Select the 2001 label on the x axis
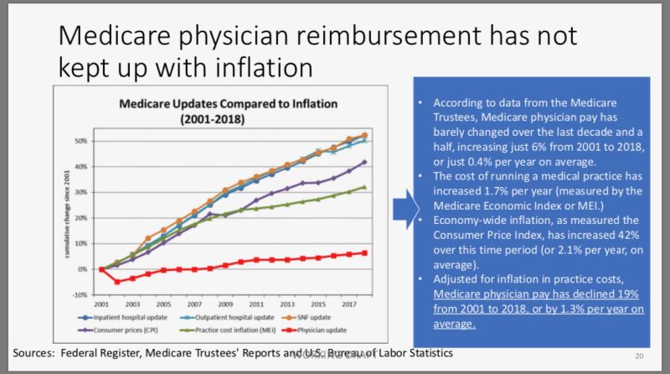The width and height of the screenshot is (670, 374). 100,304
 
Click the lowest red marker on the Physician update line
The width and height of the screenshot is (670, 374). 117,282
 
